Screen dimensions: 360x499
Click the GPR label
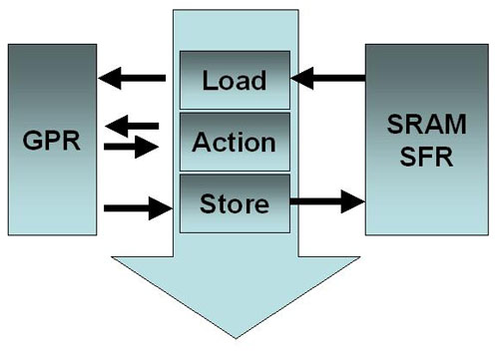52,139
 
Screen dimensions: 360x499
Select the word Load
235,79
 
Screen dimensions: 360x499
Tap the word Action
235,141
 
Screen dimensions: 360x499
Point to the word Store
235,204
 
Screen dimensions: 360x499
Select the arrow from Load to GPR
132,78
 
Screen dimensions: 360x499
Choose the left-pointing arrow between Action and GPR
132,127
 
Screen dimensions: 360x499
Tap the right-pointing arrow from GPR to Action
132,148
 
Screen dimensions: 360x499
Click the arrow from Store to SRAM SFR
327,201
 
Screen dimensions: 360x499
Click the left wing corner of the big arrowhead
113,257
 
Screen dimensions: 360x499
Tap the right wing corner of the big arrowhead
359,257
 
